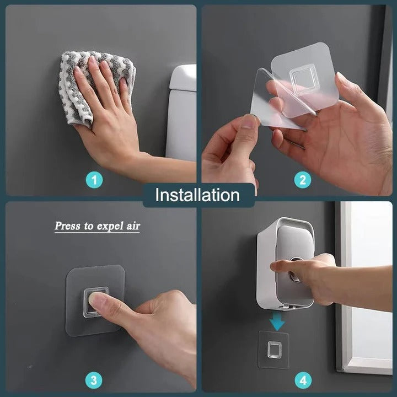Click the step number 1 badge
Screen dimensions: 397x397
click(94, 179)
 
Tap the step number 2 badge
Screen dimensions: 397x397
click(303, 179)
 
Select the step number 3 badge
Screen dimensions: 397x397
click(94, 380)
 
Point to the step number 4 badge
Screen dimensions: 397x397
click(303, 380)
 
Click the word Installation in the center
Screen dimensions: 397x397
click(197, 195)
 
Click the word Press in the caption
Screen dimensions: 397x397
click(67, 226)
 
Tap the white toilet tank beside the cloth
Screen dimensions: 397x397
click(182, 110)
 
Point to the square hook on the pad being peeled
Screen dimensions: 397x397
click(305, 79)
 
